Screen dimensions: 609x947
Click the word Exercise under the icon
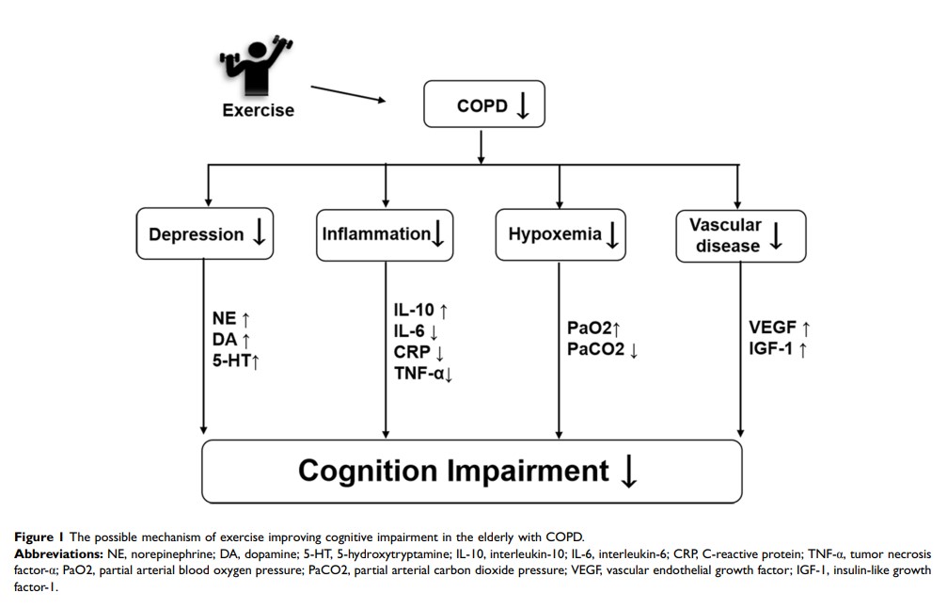coord(258,110)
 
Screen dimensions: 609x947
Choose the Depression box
coord(204,233)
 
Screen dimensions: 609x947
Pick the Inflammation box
coord(385,233)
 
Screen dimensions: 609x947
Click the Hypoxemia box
coord(560,234)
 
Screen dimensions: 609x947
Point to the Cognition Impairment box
coord(472,470)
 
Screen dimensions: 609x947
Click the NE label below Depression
coord(224,320)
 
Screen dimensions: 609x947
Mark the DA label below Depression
coord(224,339)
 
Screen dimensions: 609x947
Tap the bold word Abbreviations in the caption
coord(58,553)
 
